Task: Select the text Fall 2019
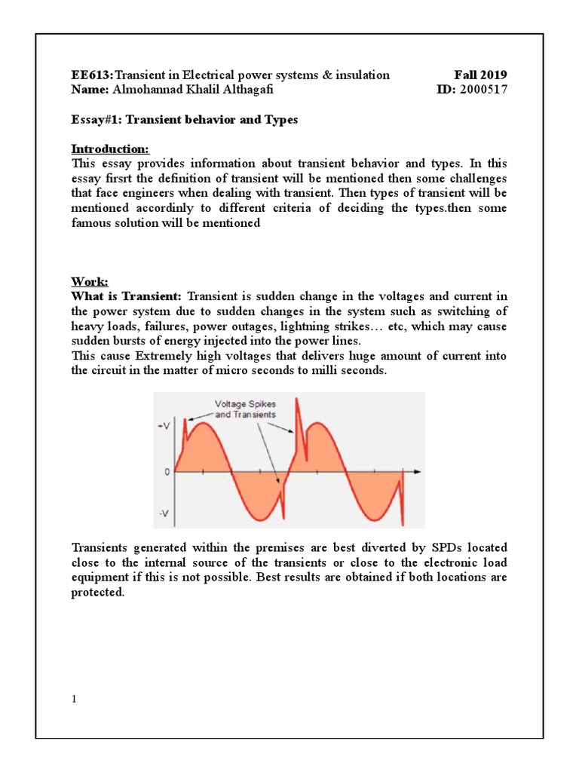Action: click(480, 75)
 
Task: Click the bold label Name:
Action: click(90, 90)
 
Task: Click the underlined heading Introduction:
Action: click(110, 148)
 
